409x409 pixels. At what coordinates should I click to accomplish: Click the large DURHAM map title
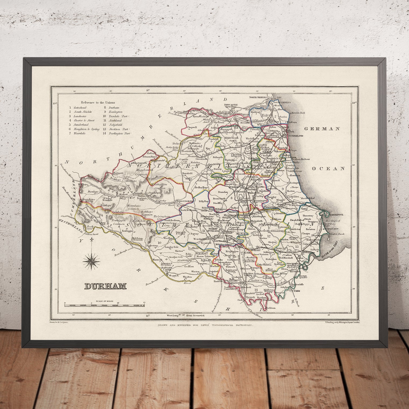click(x=105, y=286)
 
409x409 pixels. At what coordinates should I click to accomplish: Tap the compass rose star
click(x=91, y=260)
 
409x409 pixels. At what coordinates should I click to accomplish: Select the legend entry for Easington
click(x=116, y=112)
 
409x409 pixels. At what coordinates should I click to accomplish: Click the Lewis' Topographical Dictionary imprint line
click(x=205, y=325)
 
